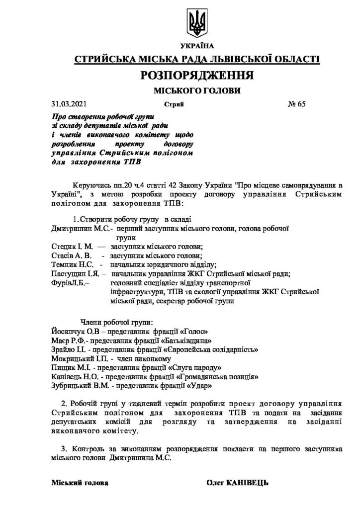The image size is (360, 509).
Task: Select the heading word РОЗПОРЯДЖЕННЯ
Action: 197,75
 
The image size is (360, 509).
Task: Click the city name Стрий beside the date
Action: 174,105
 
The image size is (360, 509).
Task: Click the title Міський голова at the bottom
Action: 79,483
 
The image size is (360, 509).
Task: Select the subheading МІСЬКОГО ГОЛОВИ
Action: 197,91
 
